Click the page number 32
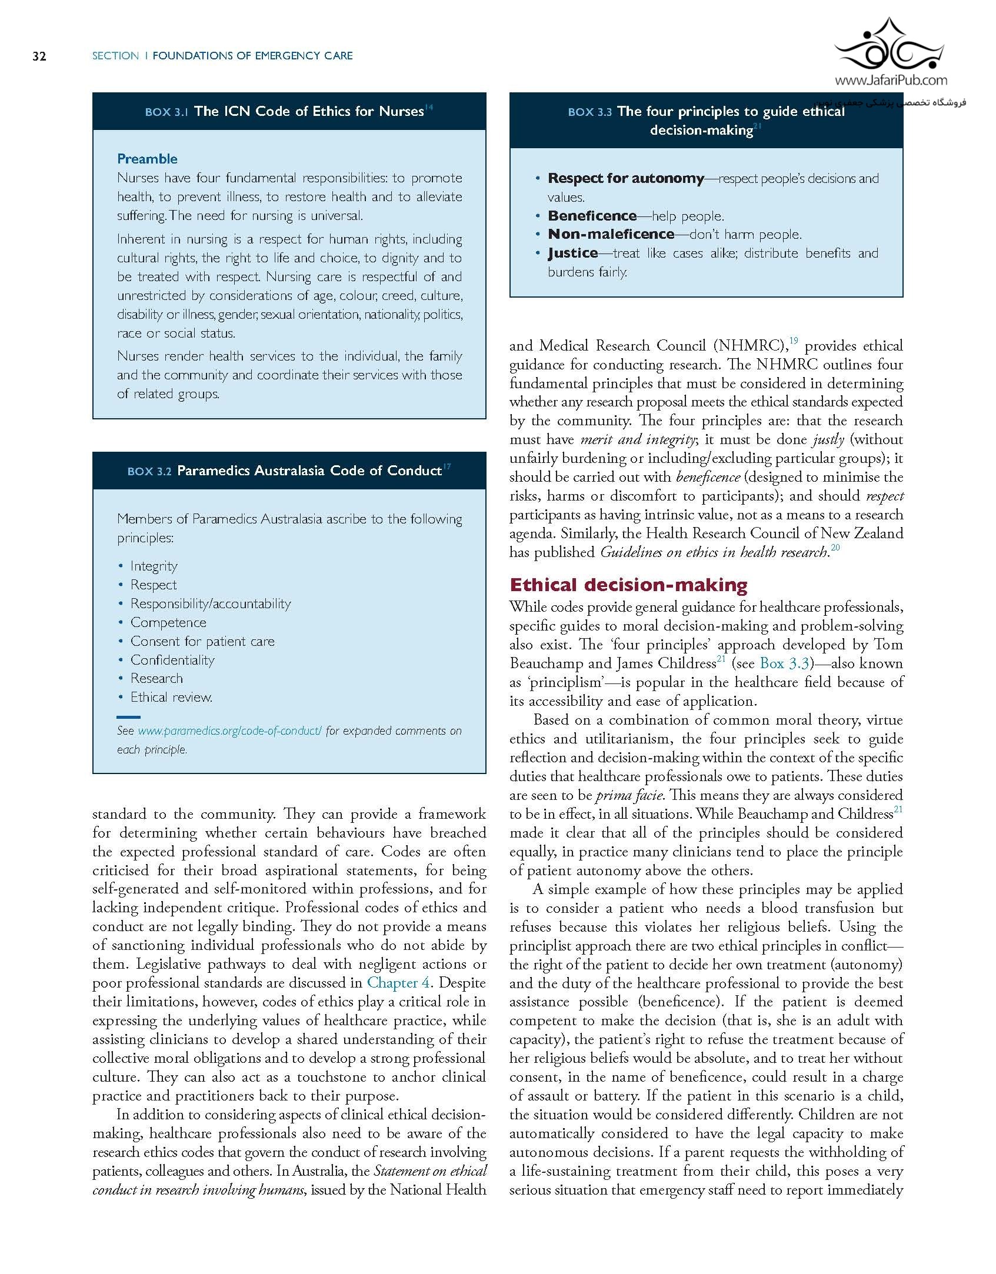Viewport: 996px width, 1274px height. coord(39,56)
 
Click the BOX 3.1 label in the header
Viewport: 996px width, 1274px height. coord(166,112)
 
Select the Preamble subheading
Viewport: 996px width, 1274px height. coord(147,159)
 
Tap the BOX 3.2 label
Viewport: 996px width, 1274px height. coord(149,472)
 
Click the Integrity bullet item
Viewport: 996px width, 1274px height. coord(154,566)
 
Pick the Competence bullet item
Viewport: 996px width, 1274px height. coord(168,622)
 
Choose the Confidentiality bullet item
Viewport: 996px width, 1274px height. coord(172,660)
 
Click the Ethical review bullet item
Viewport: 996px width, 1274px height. coord(171,698)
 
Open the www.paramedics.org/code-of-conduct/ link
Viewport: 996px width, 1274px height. coord(229,731)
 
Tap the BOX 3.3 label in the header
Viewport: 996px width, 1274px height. coord(589,112)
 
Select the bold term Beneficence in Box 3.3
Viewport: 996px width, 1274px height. coord(592,216)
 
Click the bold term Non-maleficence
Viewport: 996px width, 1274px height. coord(611,235)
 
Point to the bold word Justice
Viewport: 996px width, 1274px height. coord(572,254)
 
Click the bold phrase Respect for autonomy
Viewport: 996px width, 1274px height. coord(625,178)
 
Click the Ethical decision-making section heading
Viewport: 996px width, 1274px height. coord(628,585)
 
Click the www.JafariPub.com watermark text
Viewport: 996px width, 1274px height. coord(891,81)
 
